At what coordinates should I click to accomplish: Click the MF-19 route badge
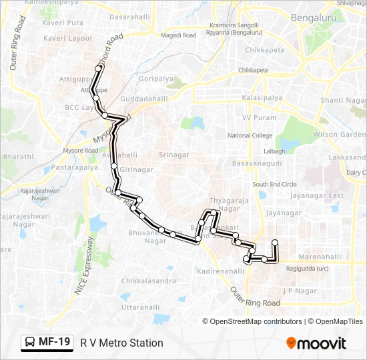coord(47,343)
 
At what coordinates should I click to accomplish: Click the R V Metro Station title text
coord(121,343)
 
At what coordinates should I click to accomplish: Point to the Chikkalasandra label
coord(149,281)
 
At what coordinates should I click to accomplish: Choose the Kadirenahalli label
coord(222,271)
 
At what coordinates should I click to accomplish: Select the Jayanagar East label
coord(317,196)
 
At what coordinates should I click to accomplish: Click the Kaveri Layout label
coord(67,39)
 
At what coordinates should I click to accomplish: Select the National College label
coord(250,135)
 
